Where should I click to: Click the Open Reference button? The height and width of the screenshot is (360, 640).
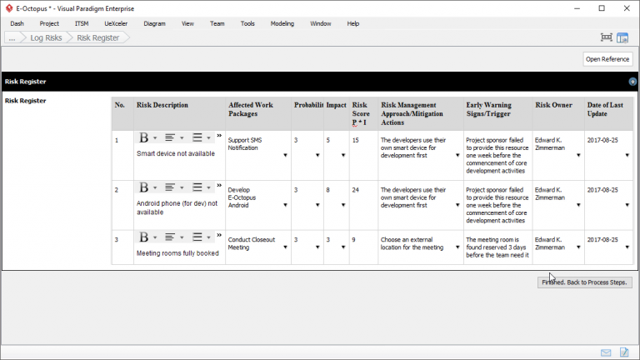(x=607, y=59)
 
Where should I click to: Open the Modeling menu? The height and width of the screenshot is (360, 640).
(x=282, y=23)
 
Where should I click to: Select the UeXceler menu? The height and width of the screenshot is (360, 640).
(x=116, y=23)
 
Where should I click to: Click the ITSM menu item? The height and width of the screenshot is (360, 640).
(x=82, y=23)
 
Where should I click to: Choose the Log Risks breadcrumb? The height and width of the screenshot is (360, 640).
(x=46, y=37)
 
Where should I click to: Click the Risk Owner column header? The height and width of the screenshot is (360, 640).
(x=554, y=105)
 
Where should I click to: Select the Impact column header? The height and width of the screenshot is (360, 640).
(x=336, y=105)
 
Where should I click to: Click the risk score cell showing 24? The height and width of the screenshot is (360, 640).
(x=356, y=190)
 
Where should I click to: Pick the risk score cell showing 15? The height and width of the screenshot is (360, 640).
(x=356, y=140)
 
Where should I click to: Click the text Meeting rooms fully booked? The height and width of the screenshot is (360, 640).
(x=177, y=253)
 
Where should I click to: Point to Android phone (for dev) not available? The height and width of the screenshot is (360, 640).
(x=177, y=207)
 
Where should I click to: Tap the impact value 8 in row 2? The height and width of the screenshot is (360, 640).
(x=328, y=190)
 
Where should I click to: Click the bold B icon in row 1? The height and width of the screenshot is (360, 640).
(x=143, y=137)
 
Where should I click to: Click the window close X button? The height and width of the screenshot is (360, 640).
(x=625, y=7)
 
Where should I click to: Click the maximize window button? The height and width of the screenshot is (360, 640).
(x=602, y=7)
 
